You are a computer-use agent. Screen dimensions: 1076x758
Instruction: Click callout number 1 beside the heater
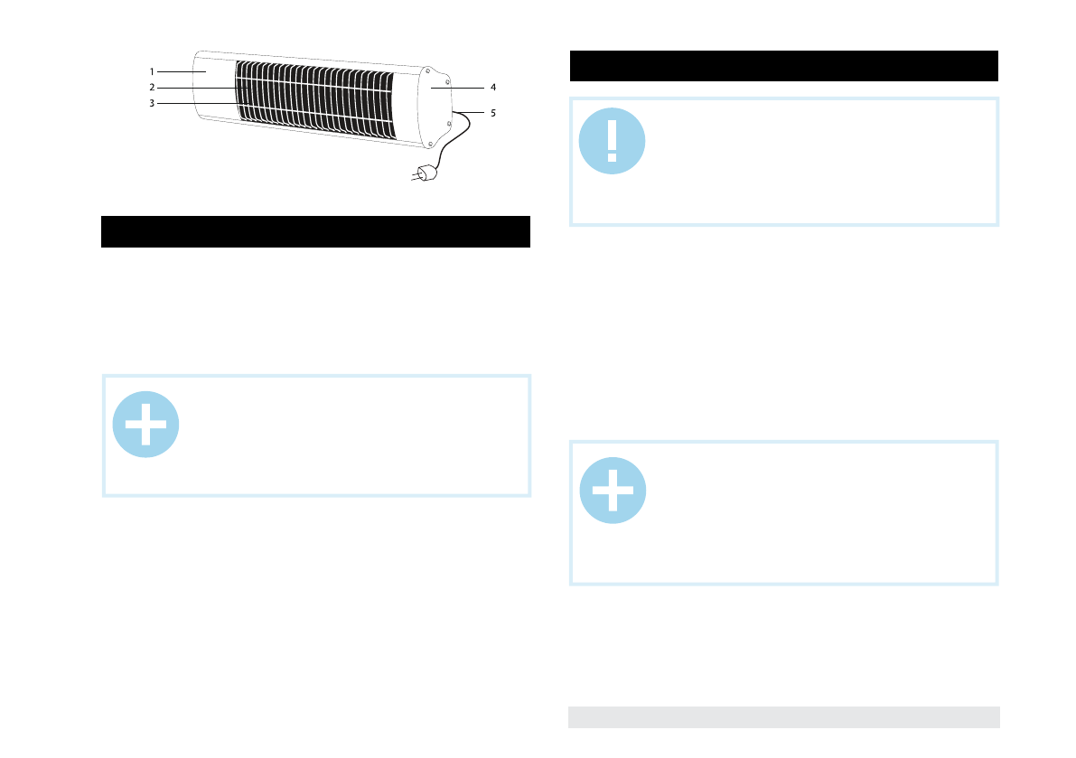click(x=153, y=70)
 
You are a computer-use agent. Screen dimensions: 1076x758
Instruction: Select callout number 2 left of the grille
click(x=153, y=88)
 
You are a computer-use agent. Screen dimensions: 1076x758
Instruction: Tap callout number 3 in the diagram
click(x=153, y=104)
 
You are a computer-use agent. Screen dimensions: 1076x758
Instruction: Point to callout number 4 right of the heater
click(x=493, y=88)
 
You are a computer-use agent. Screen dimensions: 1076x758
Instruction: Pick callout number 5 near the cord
click(x=493, y=114)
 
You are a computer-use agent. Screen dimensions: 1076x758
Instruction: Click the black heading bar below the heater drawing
click(x=314, y=231)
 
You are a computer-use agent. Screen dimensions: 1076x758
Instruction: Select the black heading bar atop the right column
click(x=784, y=66)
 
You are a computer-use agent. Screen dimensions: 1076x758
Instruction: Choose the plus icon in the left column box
click(x=145, y=425)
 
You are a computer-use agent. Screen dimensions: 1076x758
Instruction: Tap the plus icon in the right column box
click(x=612, y=491)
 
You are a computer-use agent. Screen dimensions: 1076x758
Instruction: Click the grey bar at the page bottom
click(x=784, y=716)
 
